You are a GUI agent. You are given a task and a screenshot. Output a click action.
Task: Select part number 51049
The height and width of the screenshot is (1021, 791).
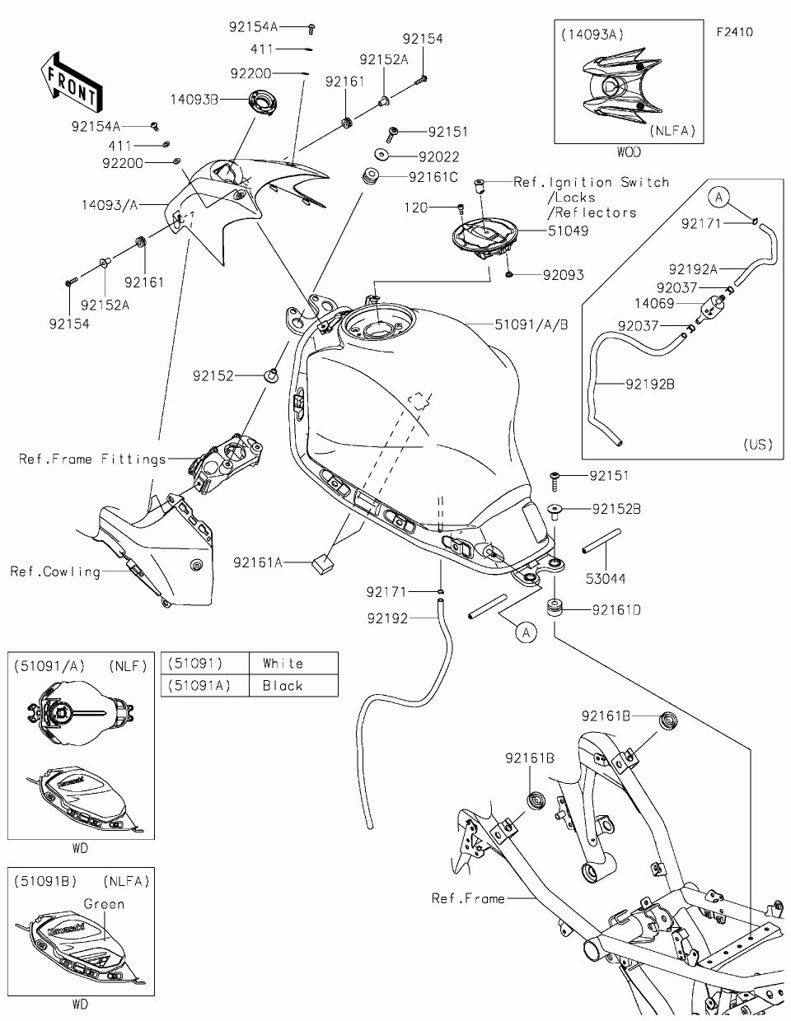click(x=569, y=231)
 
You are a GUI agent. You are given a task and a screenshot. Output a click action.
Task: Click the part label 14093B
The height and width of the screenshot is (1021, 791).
click(x=194, y=100)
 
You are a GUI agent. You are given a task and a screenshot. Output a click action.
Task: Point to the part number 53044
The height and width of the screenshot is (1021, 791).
click(x=605, y=579)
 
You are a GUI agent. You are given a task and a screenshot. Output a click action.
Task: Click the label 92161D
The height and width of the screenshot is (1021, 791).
click(x=616, y=610)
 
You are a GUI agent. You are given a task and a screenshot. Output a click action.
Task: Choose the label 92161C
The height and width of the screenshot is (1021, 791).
click(x=433, y=177)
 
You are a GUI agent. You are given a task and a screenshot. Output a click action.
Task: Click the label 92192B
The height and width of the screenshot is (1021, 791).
click(x=650, y=383)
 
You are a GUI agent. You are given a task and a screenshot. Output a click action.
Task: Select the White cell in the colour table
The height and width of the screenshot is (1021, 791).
click(x=283, y=664)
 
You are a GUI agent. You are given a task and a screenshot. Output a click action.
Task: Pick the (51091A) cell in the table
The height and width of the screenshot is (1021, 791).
click(x=199, y=686)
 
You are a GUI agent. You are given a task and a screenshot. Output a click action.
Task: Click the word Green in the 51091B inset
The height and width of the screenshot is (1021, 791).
click(x=104, y=904)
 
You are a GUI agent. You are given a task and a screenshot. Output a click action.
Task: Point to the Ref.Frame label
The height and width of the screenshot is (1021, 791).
click(x=468, y=898)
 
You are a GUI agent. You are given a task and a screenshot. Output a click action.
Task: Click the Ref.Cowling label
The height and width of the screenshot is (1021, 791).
click(x=55, y=571)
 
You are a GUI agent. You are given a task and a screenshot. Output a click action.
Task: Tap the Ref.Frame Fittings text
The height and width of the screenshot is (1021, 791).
click(x=92, y=459)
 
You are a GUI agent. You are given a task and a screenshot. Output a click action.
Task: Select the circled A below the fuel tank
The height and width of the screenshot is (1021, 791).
click(x=526, y=632)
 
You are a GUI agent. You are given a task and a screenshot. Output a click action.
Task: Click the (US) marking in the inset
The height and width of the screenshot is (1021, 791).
click(x=758, y=444)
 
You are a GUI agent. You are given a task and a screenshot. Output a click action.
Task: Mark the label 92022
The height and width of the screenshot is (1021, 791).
click(x=438, y=156)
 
